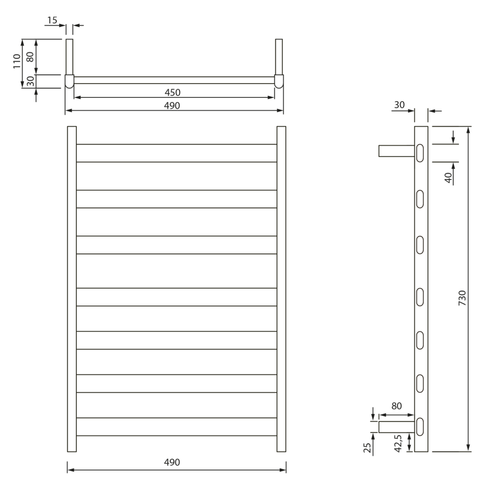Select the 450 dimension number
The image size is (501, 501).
pyautogui.click(x=172, y=92)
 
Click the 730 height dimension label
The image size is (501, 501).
pyautogui.click(x=462, y=298)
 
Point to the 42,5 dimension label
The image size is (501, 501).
pyautogui.click(x=398, y=443)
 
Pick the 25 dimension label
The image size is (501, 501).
pyautogui.click(x=367, y=447)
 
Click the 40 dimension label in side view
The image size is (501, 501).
pyautogui.click(x=448, y=177)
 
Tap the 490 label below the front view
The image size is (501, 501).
pyautogui.click(x=172, y=462)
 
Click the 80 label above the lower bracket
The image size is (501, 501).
pyautogui.click(x=397, y=406)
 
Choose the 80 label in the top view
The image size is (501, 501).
pyautogui.click(x=30, y=57)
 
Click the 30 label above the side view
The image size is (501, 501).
pyautogui.click(x=400, y=105)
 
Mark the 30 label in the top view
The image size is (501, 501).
pyautogui.click(x=30, y=81)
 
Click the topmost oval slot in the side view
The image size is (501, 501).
pyautogui.click(x=420, y=153)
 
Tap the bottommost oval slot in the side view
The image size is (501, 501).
pyautogui.click(x=420, y=427)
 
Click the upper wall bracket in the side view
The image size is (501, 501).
pyautogui.click(x=396, y=151)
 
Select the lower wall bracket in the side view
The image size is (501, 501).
pyautogui.click(x=396, y=427)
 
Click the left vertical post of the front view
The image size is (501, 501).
pyautogui.click(x=71, y=289)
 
